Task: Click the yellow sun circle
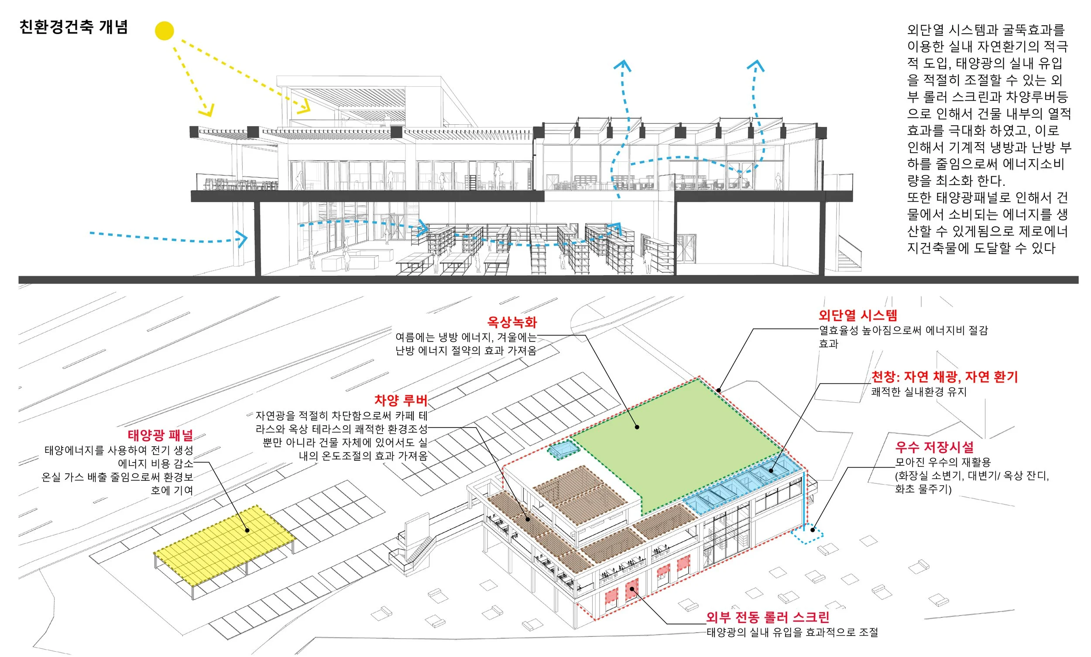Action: [164, 31]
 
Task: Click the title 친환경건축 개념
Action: [73, 27]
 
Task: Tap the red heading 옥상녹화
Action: [511, 322]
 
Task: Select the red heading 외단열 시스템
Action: [858, 315]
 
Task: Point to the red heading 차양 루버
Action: [401, 400]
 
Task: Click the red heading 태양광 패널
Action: [160, 435]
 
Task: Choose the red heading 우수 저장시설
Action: [934, 447]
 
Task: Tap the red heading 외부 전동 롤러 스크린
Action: [767, 617]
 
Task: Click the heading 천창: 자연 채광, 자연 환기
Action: [944, 377]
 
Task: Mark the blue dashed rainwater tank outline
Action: [808, 535]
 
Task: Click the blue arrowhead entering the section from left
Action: [242, 239]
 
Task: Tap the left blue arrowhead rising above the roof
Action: [623, 65]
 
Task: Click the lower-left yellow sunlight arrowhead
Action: [207, 111]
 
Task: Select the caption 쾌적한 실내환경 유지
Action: [918, 392]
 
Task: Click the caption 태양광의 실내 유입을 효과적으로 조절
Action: [792, 632]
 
